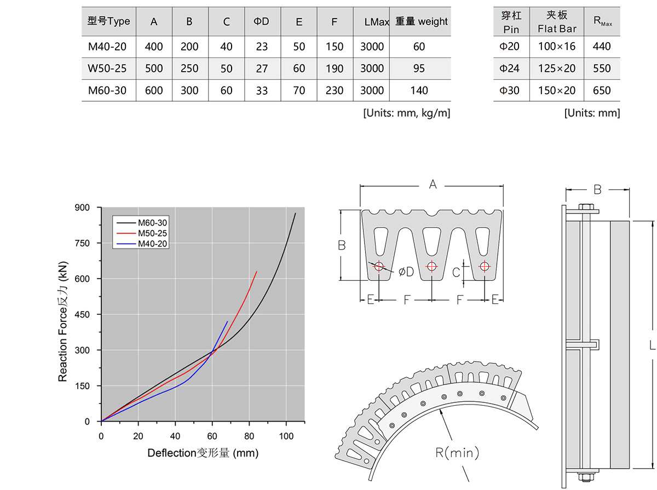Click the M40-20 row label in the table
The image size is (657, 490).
click(x=107, y=47)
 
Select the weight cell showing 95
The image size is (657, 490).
click(x=419, y=69)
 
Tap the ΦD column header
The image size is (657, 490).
click(x=262, y=22)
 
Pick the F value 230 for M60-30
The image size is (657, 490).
click(x=334, y=91)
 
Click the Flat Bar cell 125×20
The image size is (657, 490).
click(x=557, y=69)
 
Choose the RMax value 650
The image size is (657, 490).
click(x=602, y=91)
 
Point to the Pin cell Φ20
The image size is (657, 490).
click(x=509, y=47)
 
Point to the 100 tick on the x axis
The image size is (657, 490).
click(x=286, y=436)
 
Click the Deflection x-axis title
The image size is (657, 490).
click(x=203, y=453)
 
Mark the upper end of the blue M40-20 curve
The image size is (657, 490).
click(x=227, y=321)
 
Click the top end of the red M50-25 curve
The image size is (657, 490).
click(x=256, y=272)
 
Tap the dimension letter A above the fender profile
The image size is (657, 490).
click(x=433, y=186)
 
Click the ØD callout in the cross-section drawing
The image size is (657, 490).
click(x=406, y=271)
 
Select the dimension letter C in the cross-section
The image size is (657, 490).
click(x=456, y=271)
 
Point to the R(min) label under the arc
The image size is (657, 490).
click(x=457, y=453)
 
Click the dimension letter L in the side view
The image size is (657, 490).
click(x=650, y=345)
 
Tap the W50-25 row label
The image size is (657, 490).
click(x=107, y=69)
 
